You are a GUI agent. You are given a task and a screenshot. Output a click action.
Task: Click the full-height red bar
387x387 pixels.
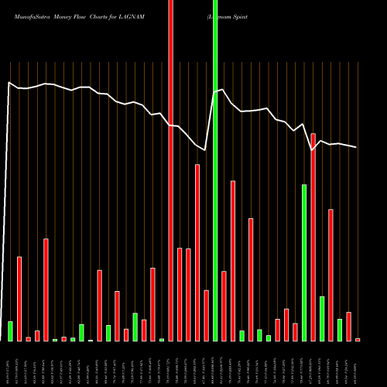pos(170,170)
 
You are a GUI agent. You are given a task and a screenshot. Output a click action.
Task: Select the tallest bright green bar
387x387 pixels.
pos(215,170)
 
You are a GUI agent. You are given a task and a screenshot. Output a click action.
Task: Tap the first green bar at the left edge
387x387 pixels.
pos(10,331)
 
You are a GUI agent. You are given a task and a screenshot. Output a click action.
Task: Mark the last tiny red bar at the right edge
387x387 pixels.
pos(358,339)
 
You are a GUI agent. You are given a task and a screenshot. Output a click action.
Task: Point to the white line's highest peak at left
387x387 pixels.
pos(9,82)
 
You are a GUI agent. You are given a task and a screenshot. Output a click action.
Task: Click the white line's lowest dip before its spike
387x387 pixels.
pos(206,149)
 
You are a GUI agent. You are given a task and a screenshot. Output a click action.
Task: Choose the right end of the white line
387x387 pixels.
pos(357,147)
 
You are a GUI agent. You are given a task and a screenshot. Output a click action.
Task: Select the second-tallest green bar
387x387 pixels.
pos(304,263)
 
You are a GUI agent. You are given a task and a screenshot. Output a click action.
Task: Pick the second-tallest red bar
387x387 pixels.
pos(313,237)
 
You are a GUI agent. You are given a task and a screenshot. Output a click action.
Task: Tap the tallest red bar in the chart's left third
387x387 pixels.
pos(46,289)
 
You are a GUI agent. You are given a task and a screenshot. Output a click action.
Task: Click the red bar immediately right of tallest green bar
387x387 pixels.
pos(224,306)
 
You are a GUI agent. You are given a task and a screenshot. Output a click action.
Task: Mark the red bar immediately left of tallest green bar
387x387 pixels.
pos(206,316)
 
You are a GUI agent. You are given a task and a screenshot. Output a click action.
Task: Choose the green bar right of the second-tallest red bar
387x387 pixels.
pos(322,318)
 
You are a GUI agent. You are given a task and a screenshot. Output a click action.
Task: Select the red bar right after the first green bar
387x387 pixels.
pos(19,299)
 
